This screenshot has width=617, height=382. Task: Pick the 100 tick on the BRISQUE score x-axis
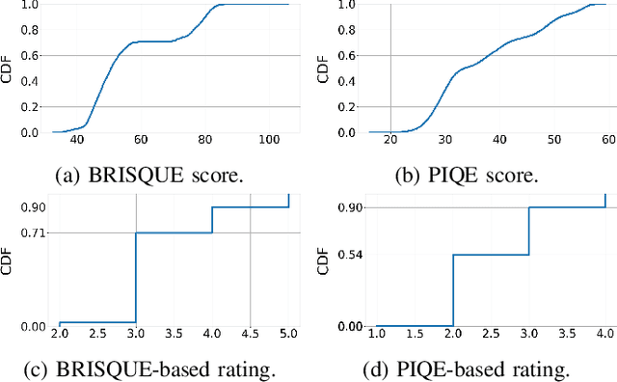click(x=269, y=141)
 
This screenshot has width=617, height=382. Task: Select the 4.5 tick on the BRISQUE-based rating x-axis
click(x=251, y=334)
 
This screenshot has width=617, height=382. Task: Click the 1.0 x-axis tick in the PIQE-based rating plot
click(x=376, y=334)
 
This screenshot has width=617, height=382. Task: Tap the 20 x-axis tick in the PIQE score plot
click(x=390, y=141)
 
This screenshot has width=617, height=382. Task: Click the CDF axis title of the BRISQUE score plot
click(x=8, y=68)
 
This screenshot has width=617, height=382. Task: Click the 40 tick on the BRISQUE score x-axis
click(x=76, y=141)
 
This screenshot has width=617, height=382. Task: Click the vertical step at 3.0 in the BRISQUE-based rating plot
click(x=136, y=277)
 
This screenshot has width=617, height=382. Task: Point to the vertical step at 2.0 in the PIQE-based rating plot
click(x=452, y=289)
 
